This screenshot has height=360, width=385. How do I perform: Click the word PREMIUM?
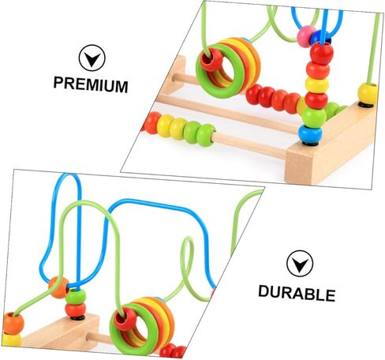click(x=91, y=84)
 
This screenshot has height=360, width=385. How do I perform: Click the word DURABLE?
click(x=297, y=293)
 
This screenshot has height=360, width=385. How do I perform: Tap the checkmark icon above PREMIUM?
click(x=92, y=58)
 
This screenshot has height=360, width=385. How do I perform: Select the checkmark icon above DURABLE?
click(x=300, y=264)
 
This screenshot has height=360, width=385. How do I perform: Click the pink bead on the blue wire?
click(x=305, y=36)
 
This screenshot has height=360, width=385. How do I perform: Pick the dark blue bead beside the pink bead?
click(x=318, y=37)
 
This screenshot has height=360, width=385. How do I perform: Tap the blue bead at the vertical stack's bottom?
click(x=311, y=133)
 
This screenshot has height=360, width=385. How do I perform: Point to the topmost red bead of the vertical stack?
click(x=321, y=53)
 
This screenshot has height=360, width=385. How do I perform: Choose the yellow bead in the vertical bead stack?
click(x=316, y=84)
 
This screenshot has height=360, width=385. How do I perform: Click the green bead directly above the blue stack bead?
click(x=314, y=117)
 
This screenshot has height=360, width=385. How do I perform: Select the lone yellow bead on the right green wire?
click(x=368, y=93)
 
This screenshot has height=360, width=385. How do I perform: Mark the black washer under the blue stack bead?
click(x=311, y=144)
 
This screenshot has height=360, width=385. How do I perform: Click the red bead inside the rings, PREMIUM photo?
click(x=211, y=59)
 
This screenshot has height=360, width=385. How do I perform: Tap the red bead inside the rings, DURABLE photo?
click(x=125, y=319)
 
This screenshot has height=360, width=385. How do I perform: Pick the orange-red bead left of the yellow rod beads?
click(x=151, y=122)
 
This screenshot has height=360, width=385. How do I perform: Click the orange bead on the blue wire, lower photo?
click(x=58, y=287)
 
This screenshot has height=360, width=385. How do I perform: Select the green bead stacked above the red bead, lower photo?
click(x=76, y=297)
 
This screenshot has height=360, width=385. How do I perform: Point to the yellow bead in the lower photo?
click(x=11, y=339)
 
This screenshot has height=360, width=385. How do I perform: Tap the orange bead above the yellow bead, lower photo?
click(x=13, y=323)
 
